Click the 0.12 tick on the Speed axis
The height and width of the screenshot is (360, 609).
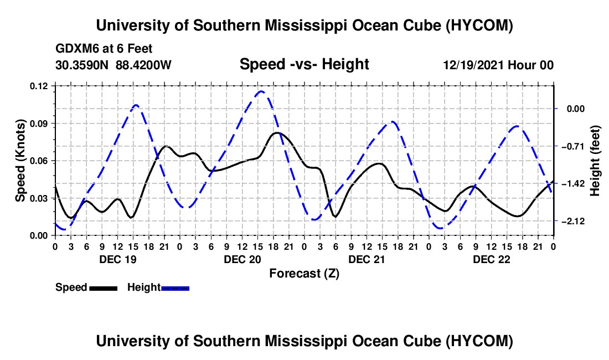(x=38, y=86)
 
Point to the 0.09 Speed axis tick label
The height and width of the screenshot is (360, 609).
(x=38, y=124)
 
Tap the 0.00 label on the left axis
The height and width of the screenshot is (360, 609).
(x=38, y=236)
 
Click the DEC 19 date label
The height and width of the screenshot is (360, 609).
(x=118, y=259)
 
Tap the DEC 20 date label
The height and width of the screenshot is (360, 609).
(x=242, y=259)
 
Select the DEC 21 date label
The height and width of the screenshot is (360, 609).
(x=367, y=259)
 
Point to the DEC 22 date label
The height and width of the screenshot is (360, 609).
(x=491, y=259)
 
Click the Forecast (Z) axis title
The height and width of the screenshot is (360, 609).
(x=304, y=274)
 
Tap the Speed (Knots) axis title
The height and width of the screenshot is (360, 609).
(x=20, y=161)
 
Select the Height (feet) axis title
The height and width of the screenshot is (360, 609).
(x=595, y=161)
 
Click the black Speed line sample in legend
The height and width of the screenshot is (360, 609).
(x=104, y=289)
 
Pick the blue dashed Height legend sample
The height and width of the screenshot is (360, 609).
(x=175, y=289)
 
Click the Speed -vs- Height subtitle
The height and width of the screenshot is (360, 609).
(x=304, y=64)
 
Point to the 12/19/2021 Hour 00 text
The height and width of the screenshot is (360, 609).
(x=498, y=65)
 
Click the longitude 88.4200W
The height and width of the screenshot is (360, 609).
(x=143, y=65)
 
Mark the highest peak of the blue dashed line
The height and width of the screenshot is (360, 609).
(x=261, y=91)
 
